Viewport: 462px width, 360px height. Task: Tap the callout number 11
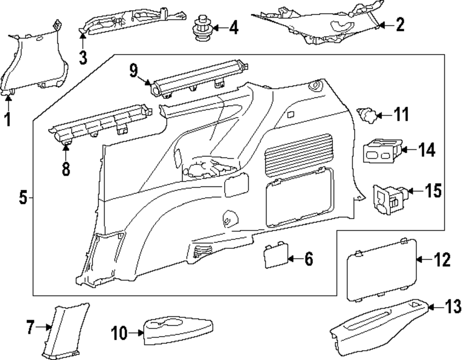pyautogui.click(x=401, y=114)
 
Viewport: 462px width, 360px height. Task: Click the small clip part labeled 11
pyautogui.click(x=368, y=114)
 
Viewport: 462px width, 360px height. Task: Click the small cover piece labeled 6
pyautogui.click(x=276, y=257)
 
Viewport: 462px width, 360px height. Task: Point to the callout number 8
pyautogui.click(x=66, y=168)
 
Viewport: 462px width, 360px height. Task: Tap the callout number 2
pyautogui.click(x=400, y=25)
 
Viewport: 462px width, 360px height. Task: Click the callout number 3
pyautogui.click(x=82, y=57)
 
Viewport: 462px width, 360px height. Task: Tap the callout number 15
pyautogui.click(x=432, y=190)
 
